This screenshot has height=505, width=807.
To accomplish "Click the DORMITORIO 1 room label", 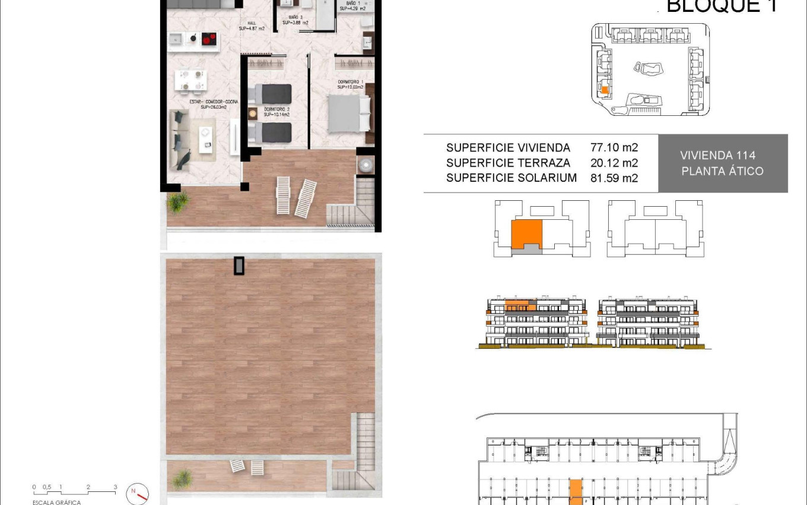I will (350, 84).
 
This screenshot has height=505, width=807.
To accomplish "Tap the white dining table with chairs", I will (191, 80).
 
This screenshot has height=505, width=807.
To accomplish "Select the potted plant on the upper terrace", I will (177, 202).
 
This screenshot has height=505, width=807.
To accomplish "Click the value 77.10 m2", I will (614, 147).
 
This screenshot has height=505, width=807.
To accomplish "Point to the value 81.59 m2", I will (614, 178).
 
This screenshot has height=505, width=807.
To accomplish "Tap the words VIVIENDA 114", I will (717, 156).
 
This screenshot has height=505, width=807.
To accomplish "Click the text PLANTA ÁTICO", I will (722, 171).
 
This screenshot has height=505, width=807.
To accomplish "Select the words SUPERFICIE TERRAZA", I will (508, 163).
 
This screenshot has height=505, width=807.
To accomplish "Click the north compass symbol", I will (138, 493).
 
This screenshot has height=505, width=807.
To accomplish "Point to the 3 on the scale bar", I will (115, 487).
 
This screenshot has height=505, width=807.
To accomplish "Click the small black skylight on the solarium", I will (239, 266).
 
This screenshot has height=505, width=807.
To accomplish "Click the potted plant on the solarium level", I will (183, 478).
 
